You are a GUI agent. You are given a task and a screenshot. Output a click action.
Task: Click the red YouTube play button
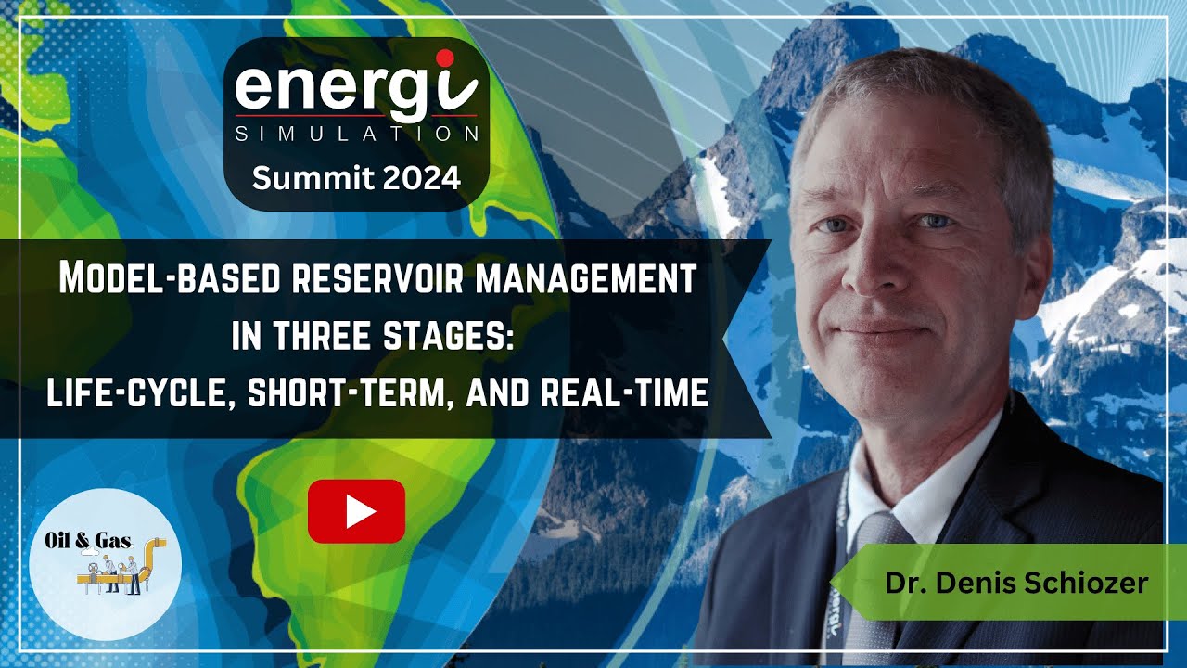(356, 511)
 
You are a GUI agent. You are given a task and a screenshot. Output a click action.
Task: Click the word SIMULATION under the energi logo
(357, 134)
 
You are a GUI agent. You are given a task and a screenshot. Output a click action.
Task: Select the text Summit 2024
(356, 177)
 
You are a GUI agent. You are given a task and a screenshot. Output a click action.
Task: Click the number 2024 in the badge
(419, 177)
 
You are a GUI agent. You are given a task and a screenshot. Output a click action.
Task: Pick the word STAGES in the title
(444, 337)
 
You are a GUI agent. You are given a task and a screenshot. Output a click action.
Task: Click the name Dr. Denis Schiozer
(1016, 583)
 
